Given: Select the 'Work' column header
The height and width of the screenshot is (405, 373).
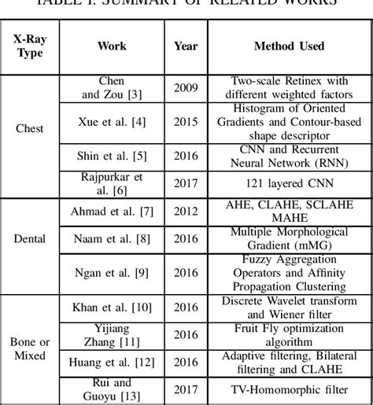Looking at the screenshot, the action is (x=112, y=46).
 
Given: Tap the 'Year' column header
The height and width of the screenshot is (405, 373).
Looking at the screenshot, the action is (x=186, y=46).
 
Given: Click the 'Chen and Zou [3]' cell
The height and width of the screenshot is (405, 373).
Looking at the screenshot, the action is (x=112, y=87).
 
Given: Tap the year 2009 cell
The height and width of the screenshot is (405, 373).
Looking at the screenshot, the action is (x=186, y=87).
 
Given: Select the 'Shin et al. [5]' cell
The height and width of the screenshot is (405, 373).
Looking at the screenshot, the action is (x=112, y=156).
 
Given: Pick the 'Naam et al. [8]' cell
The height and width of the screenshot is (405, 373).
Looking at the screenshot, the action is (x=112, y=237).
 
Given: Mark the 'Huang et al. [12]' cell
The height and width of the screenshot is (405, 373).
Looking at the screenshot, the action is (x=112, y=361).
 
